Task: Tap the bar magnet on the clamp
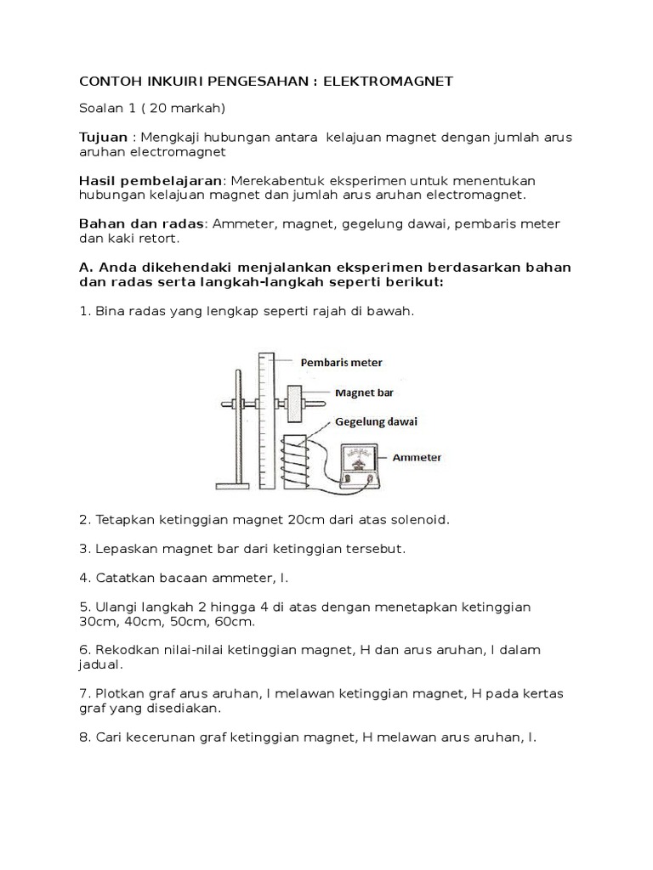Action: (294, 402)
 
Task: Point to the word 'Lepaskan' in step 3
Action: (123, 548)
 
